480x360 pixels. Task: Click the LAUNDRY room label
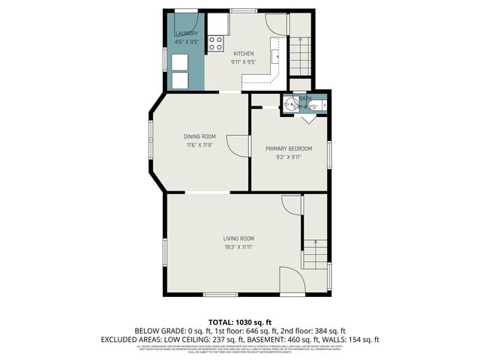pos(186,34)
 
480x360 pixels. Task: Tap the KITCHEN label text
pos(244,53)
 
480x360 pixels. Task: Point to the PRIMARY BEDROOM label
pos(289,148)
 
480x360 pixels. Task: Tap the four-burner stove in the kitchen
pos(217,43)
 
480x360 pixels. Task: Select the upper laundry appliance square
pos(181,62)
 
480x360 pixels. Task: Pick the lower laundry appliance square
pos(181,79)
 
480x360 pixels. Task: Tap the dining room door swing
pos(238,145)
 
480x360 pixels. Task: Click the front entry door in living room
pos(291,280)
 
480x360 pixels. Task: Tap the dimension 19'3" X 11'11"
pos(238,247)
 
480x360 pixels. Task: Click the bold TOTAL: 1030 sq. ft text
pos(240,320)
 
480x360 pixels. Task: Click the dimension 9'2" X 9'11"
pos(289,157)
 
